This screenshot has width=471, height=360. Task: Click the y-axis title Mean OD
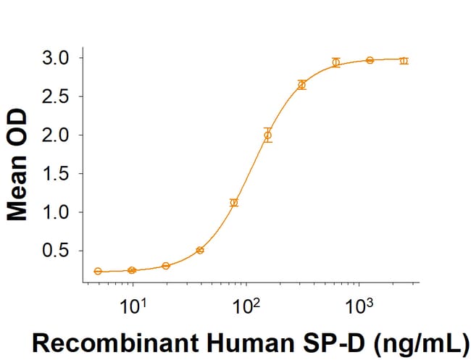click(x=19, y=165)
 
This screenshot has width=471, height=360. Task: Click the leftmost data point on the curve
click(x=98, y=271)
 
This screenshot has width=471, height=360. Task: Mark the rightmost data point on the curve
click(x=404, y=61)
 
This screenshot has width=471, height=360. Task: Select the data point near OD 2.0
click(x=267, y=135)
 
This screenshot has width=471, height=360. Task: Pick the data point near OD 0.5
click(x=200, y=250)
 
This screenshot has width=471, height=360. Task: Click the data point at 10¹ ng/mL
click(x=132, y=270)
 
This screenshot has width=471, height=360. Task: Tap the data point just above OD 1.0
click(x=233, y=203)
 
